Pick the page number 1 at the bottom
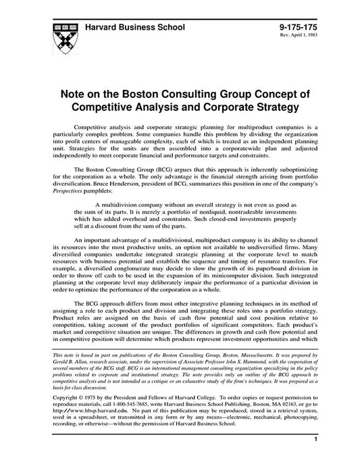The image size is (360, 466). pos(316,458)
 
